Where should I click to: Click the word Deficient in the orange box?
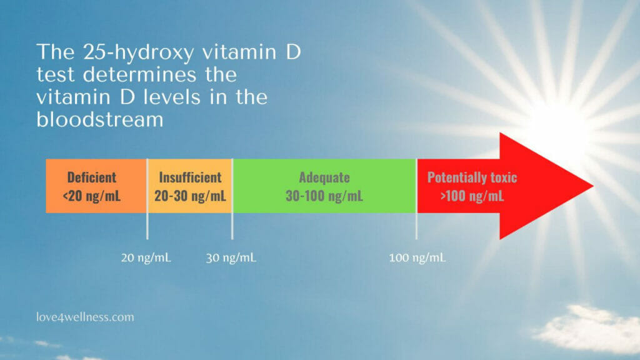92,177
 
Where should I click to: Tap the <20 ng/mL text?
92,196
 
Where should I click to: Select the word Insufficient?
190,177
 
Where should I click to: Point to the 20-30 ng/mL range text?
190,196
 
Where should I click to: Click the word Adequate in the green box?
324,177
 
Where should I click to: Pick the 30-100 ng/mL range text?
324,196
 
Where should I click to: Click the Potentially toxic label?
472,177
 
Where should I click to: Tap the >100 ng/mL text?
472,196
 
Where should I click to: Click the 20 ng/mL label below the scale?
146,258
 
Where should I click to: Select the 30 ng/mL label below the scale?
231,258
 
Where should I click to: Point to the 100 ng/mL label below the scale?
417,258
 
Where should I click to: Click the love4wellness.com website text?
85,317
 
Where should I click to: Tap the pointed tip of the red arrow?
593,186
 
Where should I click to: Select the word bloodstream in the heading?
100,119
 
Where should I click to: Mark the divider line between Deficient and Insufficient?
147,199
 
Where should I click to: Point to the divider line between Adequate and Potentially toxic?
416,199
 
